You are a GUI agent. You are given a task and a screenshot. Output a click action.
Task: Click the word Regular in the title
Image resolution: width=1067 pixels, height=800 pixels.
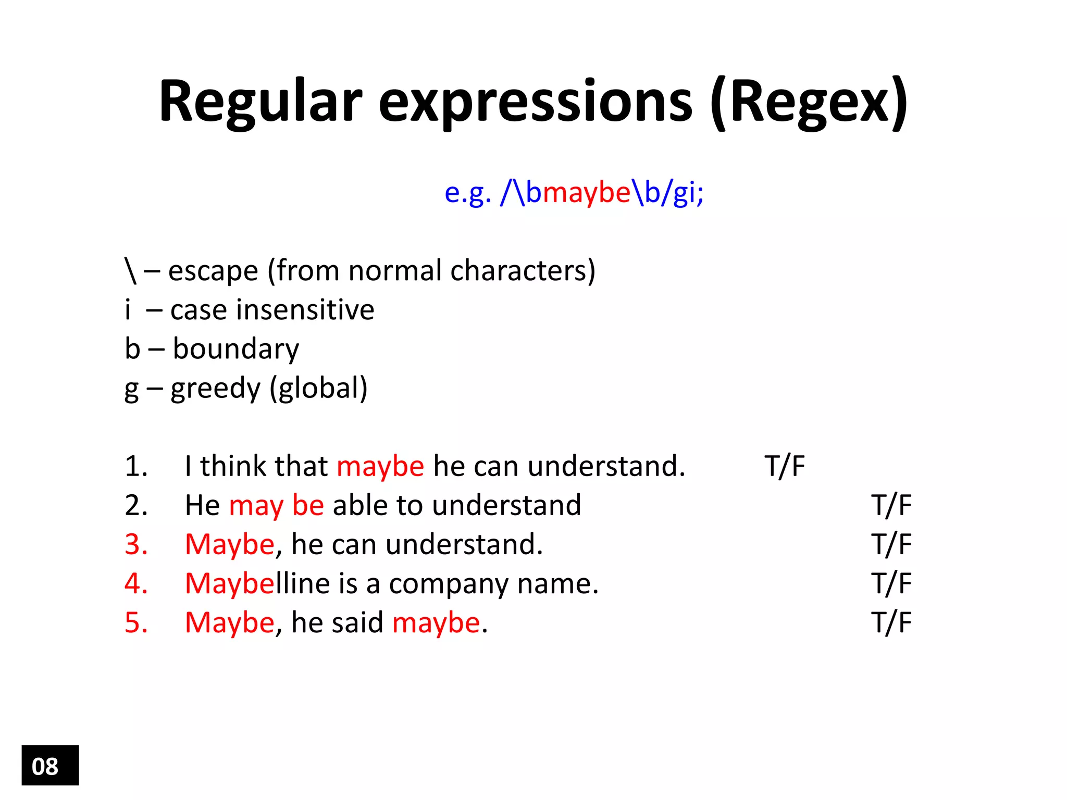tap(260, 102)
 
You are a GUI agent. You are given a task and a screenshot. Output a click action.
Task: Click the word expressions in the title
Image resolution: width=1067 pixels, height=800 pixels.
tap(535, 102)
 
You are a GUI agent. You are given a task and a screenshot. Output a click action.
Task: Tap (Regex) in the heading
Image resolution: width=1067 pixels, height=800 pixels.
tap(809, 102)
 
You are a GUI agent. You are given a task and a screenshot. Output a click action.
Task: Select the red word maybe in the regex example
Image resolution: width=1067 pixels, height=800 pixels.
tap(587, 193)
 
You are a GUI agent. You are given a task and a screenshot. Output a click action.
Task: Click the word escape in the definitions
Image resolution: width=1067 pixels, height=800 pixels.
tap(213, 271)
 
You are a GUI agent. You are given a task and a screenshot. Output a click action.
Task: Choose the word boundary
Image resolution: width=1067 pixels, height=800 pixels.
tap(236, 349)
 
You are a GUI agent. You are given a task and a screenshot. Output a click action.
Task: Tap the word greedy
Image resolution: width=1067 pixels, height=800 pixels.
tap(215, 389)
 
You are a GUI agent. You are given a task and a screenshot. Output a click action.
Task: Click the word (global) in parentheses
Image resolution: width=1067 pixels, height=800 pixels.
tap(318, 389)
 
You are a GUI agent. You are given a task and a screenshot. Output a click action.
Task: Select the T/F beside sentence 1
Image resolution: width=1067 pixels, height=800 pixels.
tap(784, 466)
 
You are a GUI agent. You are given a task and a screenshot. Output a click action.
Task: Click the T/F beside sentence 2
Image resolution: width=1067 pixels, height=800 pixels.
tap(891, 505)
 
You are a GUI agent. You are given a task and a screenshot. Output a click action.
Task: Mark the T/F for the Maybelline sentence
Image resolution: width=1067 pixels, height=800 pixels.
tap(891, 583)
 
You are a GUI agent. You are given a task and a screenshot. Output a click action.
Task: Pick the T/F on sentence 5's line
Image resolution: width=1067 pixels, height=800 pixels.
tap(891, 622)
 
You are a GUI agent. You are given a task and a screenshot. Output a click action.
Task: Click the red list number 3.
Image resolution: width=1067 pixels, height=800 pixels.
tap(136, 544)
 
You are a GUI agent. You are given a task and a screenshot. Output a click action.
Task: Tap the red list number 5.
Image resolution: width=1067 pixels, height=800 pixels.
tap(136, 622)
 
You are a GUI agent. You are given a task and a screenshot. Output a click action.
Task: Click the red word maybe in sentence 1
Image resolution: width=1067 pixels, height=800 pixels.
tap(380, 466)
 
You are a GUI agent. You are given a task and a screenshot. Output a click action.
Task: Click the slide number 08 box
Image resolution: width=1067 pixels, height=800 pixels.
tap(50, 765)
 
